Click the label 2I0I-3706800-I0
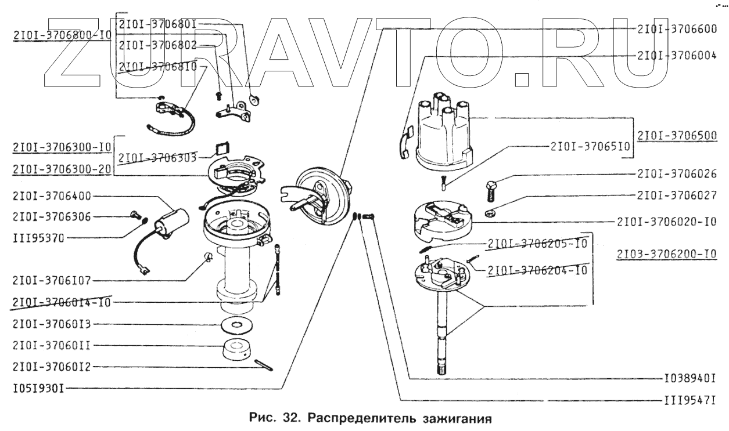click(x=61, y=35)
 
